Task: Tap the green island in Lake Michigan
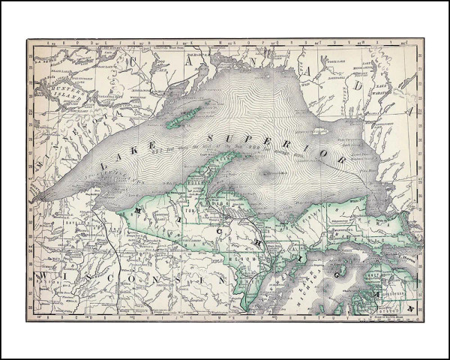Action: [338, 268]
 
